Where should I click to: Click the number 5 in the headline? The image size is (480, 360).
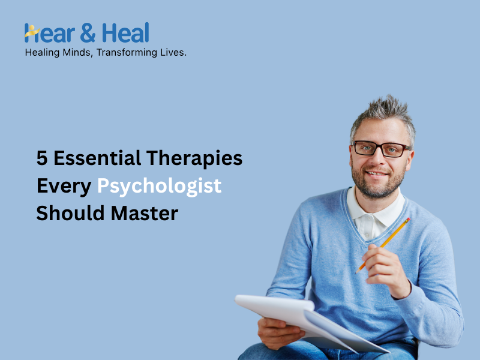[42, 158]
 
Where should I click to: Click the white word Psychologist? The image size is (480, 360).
[160, 186]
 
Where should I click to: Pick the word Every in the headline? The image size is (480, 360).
[64, 186]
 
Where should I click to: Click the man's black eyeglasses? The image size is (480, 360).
[381, 149]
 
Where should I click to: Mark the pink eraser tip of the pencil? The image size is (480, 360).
[408, 220]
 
